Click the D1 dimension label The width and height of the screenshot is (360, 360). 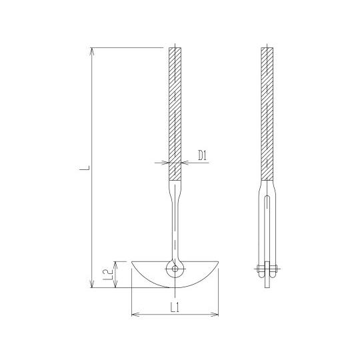(204, 156)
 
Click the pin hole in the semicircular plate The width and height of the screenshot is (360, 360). (175, 269)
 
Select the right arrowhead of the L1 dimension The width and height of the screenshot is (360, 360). (217, 313)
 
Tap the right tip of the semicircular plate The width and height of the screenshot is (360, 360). (219, 261)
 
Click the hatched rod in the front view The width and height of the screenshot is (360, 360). (175, 107)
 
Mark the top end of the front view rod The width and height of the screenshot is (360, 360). (175, 48)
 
